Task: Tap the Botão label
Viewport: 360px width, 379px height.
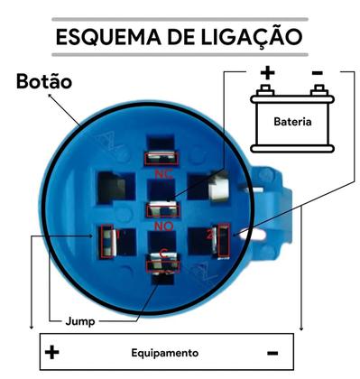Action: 43,82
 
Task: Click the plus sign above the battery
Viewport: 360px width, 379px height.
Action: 266,71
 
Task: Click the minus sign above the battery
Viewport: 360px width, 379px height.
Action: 317,71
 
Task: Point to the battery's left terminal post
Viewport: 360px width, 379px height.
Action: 266,89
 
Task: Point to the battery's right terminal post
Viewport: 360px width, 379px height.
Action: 317,89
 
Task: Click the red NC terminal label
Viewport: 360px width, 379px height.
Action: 163,172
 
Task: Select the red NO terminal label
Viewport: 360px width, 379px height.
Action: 163,225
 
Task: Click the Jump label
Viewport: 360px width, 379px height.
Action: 78,320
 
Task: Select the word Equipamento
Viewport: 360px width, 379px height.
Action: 163,353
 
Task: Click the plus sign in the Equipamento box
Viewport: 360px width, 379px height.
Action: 52,352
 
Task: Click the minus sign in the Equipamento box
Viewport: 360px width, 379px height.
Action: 272,352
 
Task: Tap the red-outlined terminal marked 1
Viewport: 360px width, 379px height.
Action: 108,238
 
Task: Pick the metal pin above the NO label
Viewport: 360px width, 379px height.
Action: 163,210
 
